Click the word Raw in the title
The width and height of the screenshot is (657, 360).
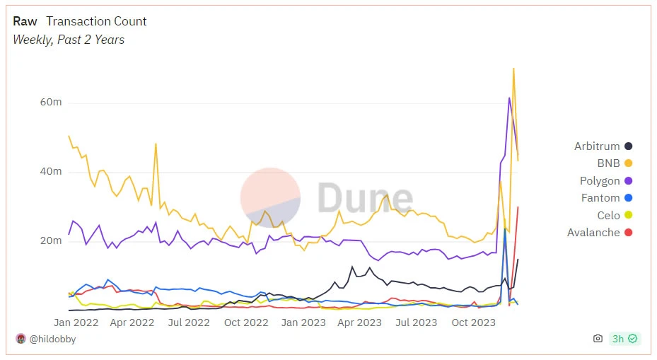click(x=25, y=21)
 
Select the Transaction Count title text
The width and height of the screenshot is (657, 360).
click(x=96, y=21)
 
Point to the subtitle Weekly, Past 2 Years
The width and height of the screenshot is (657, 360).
click(x=69, y=40)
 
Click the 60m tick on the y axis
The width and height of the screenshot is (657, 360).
click(x=51, y=102)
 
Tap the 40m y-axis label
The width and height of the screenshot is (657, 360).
click(x=51, y=171)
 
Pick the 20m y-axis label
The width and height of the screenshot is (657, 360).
click(x=51, y=240)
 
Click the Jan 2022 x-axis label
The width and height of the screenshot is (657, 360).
click(x=76, y=323)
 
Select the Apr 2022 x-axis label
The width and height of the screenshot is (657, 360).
click(x=133, y=323)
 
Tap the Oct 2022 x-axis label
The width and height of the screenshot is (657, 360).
click(x=246, y=323)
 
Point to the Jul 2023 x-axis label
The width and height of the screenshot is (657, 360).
click(x=416, y=323)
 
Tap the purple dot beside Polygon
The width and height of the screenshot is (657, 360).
click(x=628, y=181)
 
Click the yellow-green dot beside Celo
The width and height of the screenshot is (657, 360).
click(x=628, y=215)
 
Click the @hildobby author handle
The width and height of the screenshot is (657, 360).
click(x=52, y=339)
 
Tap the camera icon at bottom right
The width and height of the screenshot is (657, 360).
click(x=598, y=339)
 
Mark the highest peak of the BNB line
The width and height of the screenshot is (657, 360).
click(x=513, y=69)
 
